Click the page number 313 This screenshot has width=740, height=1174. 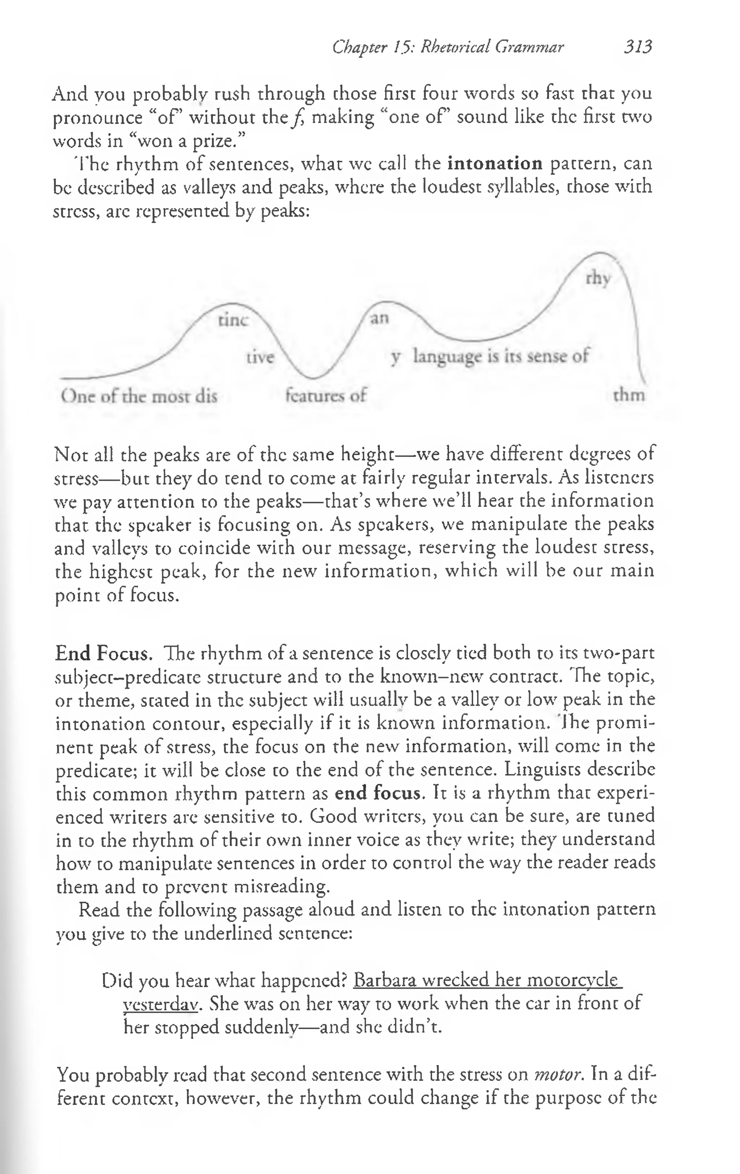click(x=637, y=47)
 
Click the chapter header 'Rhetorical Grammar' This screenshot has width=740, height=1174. click(x=492, y=47)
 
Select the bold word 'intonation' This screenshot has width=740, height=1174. click(x=495, y=163)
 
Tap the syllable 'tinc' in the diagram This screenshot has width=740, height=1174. click(x=233, y=320)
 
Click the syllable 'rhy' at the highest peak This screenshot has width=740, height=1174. click(x=598, y=279)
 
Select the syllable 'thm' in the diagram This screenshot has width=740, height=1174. click(x=629, y=394)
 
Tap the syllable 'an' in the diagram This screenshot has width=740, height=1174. click(x=379, y=318)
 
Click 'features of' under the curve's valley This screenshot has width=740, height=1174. click(x=325, y=394)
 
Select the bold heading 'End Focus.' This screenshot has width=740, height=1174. click(x=104, y=653)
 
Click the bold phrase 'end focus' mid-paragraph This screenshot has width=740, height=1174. click(x=377, y=793)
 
